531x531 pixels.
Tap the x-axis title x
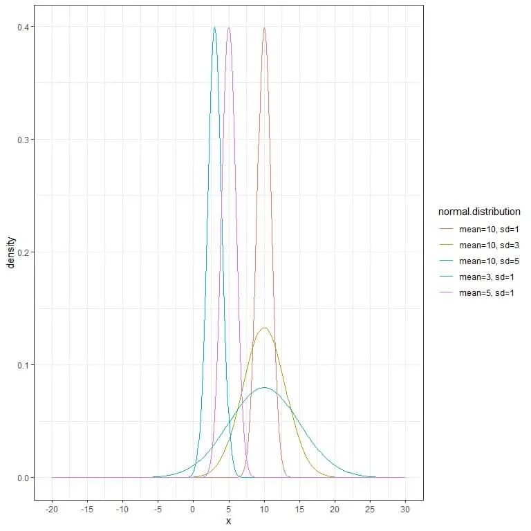228,521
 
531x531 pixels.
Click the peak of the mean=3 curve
214,28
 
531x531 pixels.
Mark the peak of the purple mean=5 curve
229,28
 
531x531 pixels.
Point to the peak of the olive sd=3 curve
264,328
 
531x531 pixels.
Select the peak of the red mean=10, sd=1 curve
264,28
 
